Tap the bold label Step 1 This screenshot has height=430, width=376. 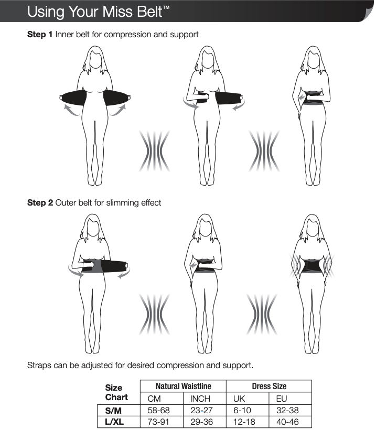point(40,35)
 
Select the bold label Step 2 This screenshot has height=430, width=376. point(40,202)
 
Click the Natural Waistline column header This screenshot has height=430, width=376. point(183,386)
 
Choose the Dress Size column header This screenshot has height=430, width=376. point(269,386)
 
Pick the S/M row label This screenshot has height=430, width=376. point(114,411)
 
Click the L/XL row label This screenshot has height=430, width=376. point(115,422)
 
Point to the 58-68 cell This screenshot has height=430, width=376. point(158,411)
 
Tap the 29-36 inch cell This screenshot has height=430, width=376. point(202,422)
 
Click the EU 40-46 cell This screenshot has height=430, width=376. point(287,422)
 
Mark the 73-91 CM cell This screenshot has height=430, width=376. point(158,422)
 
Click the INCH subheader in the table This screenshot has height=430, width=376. point(200,399)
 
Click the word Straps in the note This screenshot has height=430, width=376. point(39,364)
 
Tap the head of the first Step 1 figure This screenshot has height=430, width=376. point(94,59)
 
